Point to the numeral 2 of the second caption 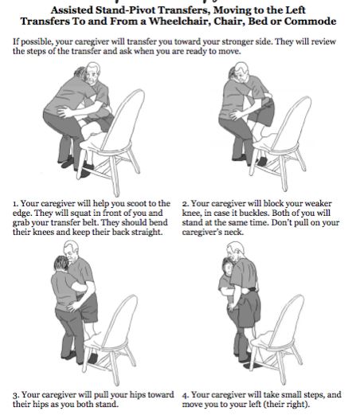click(x=185, y=204)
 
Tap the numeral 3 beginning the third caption click(x=15, y=395)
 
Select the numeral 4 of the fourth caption click(x=186, y=395)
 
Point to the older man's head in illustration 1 click(x=92, y=72)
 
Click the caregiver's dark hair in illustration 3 click(x=61, y=263)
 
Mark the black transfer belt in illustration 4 click(x=249, y=290)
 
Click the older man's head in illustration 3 click(x=71, y=251)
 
